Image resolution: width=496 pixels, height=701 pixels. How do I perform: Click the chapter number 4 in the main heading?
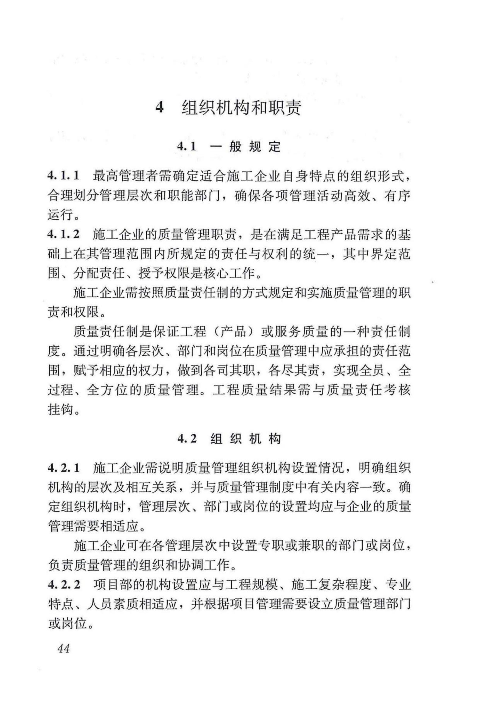(159, 107)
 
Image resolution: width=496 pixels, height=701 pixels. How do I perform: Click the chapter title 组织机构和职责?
(242, 107)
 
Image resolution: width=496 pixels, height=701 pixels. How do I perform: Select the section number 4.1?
(186, 147)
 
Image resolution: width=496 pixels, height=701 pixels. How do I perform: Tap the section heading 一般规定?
(245, 147)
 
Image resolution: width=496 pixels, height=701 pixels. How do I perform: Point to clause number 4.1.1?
(64, 175)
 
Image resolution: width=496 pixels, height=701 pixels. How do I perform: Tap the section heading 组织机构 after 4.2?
(245, 439)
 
